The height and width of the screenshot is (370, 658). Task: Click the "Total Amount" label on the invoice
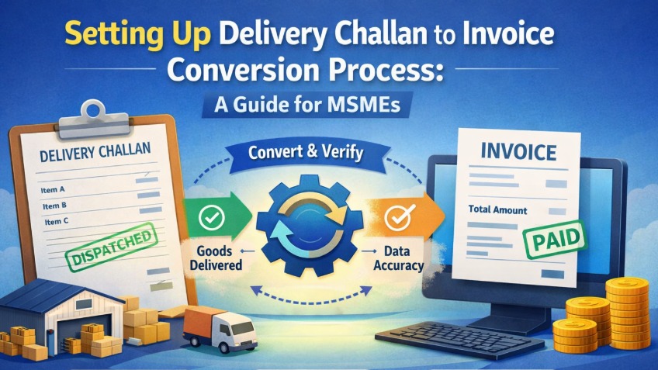click(497, 210)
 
